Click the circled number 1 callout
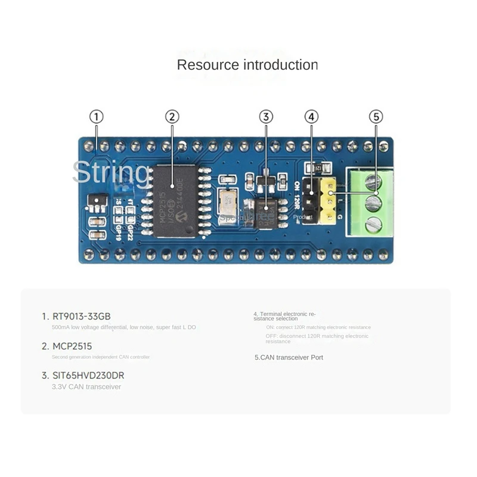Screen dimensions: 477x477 point(96,117)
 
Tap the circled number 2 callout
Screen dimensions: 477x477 point(172,117)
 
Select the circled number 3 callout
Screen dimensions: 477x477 point(266,117)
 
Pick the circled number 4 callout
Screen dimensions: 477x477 point(311,117)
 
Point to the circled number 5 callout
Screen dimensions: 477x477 point(376,117)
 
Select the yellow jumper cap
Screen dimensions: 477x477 point(328,201)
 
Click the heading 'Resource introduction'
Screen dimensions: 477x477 point(247,65)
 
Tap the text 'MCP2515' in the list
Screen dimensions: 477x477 point(72,346)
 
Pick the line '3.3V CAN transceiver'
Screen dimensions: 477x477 point(86,387)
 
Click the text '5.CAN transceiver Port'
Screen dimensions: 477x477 point(289,357)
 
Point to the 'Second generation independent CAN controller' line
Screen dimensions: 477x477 point(101,357)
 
